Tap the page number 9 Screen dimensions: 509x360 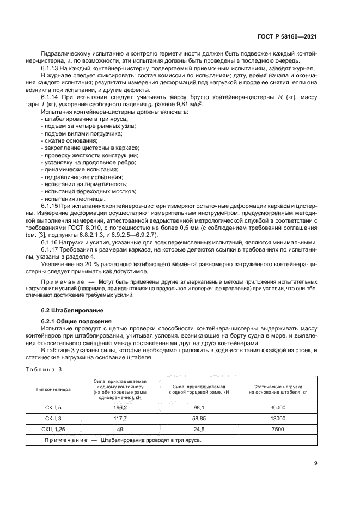[x=316, y=464]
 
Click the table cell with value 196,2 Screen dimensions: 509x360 [x=120, y=407]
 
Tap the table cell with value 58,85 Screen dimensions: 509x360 [x=199, y=418]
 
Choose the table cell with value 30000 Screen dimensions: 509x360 [x=277, y=407]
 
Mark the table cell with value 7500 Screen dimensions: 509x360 [x=277, y=429]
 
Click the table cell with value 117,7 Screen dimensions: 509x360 [x=120, y=418]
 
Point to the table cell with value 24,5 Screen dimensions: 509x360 [x=199, y=429]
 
